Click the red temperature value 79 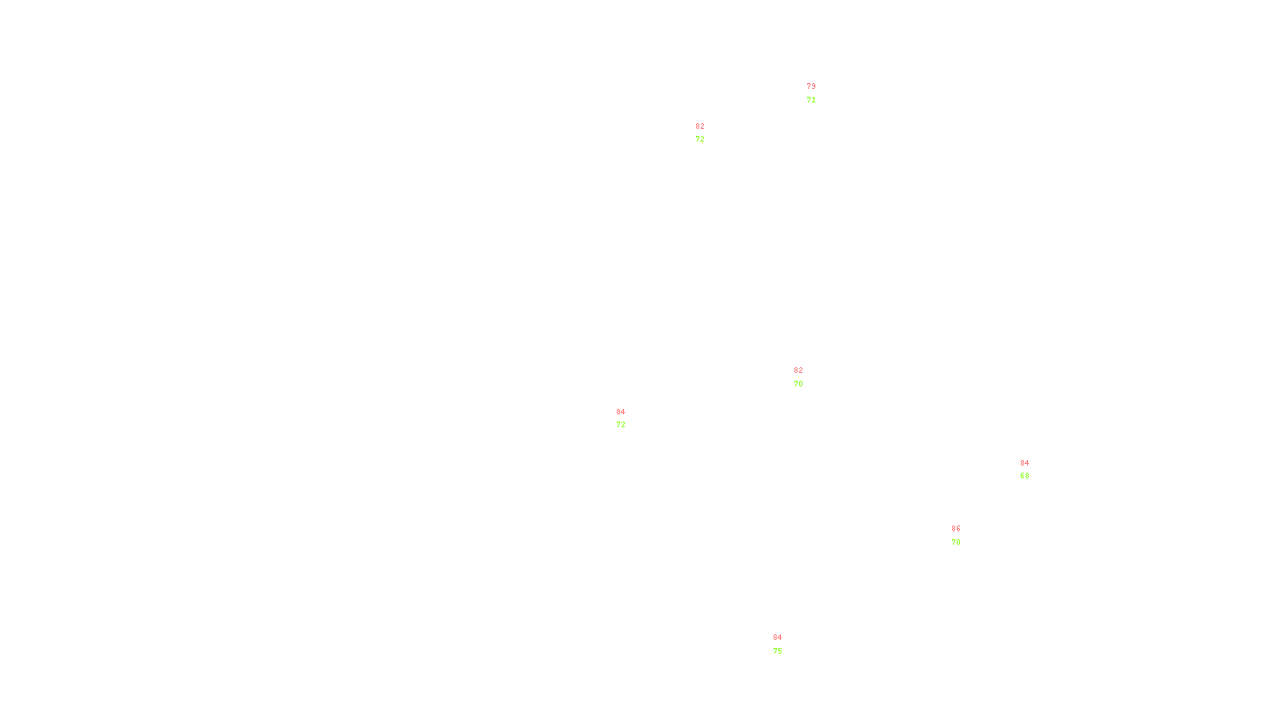811,86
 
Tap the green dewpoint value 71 811,100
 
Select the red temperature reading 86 956,529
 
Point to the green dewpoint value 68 1025,476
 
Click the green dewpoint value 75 778,651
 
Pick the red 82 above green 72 700,126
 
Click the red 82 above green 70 798,370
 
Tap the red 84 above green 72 621,412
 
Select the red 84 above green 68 1025,463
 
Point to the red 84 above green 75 778,638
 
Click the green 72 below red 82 700,139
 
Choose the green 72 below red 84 621,425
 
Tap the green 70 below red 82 798,384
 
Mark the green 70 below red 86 956,542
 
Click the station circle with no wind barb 1032,470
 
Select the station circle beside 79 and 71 818,94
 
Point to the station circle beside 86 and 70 963,536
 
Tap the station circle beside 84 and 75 785,645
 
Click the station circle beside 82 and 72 708,133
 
